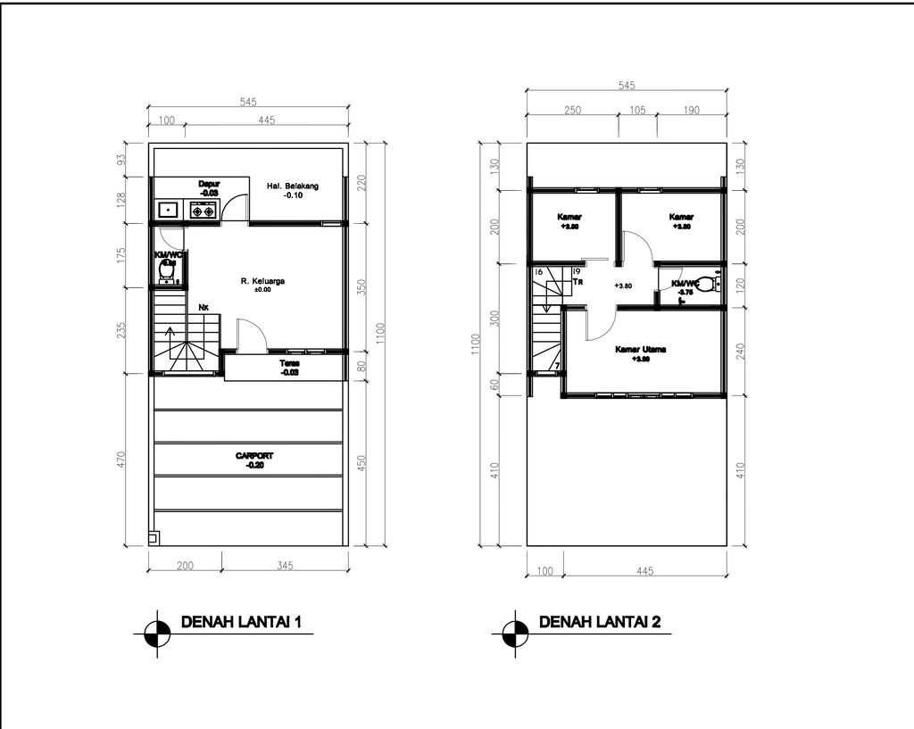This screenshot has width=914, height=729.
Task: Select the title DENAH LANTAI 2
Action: coord(599,622)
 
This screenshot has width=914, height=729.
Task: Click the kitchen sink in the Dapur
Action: coord(169,211)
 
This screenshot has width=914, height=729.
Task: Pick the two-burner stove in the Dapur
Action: coord(203,211)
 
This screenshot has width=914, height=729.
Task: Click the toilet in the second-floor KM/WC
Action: coord(706,286)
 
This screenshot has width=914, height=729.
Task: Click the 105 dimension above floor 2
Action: coord(637,111)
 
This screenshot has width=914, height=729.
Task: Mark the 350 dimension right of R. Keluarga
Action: coord(361,287)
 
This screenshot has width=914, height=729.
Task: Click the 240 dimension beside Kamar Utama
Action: coord(740,351)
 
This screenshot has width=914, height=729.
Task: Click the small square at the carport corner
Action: coord(153,538)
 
